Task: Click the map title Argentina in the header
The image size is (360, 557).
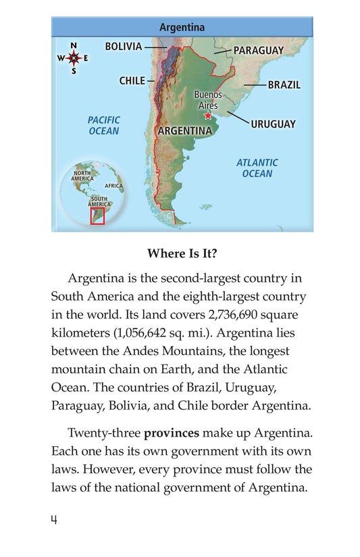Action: [x=182, y=28]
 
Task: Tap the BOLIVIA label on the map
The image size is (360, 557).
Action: [x=124, y=47]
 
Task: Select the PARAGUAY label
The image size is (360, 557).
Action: [x=258, y=50]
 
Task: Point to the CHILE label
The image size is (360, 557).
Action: [x=132, y=80]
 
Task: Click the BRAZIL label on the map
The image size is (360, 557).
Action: [x=284, y=85]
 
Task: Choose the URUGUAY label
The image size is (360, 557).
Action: [x=273, y=124]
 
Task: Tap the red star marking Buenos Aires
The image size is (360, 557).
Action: [x=207, y=116]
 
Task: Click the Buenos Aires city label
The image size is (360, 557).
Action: [x=207, y=101]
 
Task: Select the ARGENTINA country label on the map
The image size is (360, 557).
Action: [x=184, y=130]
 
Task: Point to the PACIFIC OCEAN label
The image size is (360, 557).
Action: [x=103, y=126]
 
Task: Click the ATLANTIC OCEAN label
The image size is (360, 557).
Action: [x=257, y=168]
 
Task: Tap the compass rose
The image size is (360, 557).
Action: [x=74, y=58]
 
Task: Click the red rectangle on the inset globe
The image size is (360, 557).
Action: [x=97, y=216]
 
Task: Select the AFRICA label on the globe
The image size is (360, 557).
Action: [x=113, y=185]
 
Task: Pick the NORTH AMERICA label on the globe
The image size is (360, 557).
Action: [x=82, y=176]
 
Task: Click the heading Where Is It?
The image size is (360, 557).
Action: [x=182, y=255]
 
